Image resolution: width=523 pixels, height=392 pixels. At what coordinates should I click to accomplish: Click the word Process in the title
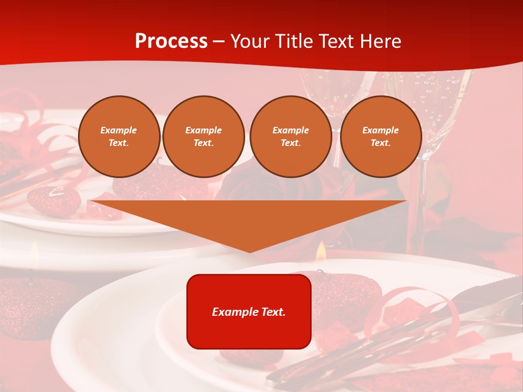tap(171, 41)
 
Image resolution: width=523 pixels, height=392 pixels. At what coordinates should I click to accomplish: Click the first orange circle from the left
tap(119, 137)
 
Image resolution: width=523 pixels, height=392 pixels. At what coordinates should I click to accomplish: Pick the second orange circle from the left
tap(204, 137)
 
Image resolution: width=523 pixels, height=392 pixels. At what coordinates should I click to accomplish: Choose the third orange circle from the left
tap(291, 137)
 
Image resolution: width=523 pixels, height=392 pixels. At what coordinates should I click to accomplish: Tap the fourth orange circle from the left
tap(381, 137)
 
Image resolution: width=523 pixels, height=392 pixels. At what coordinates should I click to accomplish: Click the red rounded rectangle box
tap(249, 311)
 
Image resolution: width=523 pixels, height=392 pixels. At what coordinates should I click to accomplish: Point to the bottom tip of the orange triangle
tap(250, 251)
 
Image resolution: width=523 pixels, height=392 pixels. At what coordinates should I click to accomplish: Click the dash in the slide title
tap(219, 42)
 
